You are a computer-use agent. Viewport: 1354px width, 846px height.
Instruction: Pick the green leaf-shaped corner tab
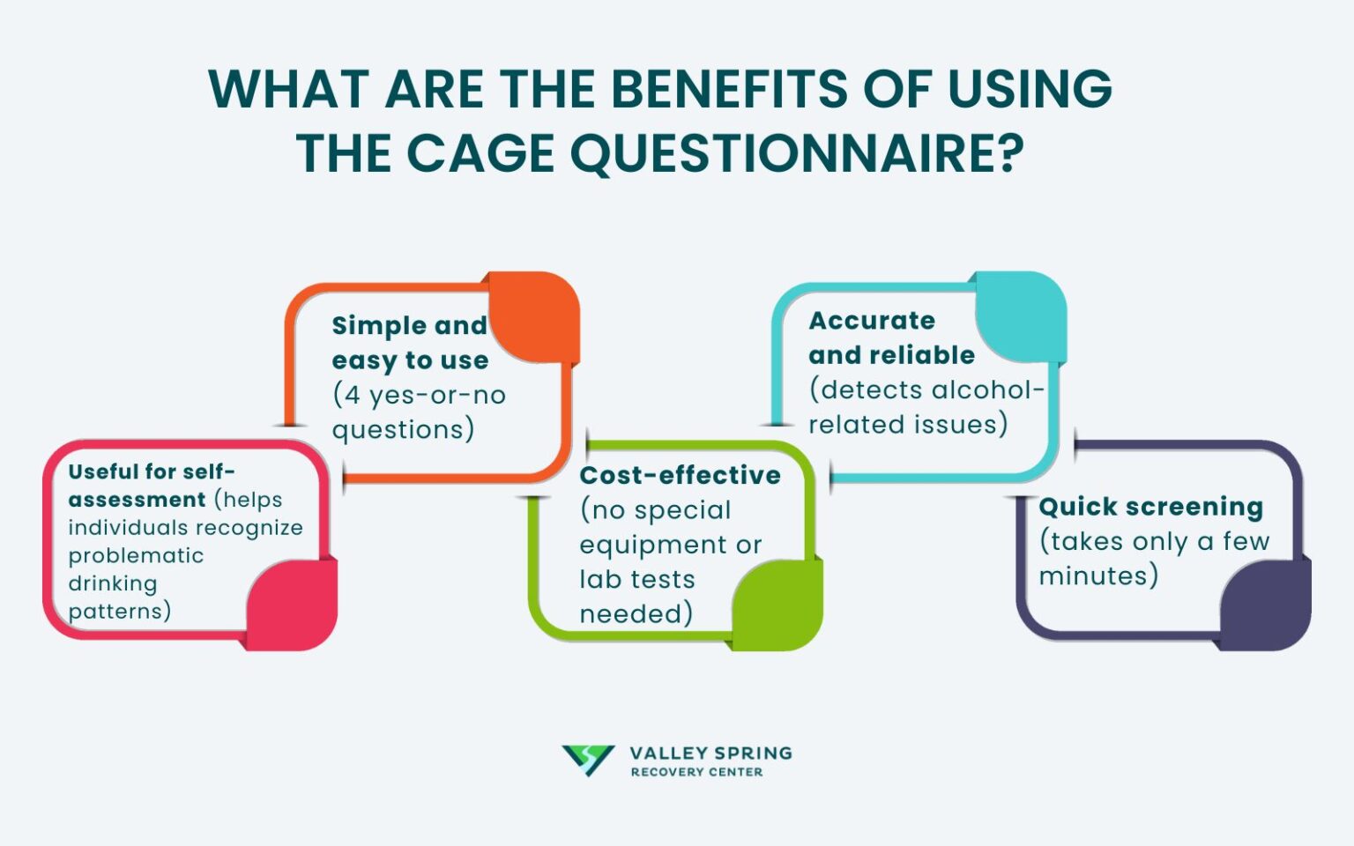[x=777, y=605]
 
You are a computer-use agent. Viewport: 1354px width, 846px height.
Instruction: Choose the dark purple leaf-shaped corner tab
[x=1265, y=605]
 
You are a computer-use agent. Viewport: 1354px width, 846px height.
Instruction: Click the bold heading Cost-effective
[x=680, y=475]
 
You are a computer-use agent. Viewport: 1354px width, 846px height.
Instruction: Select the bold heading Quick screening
[x=1150, y=507]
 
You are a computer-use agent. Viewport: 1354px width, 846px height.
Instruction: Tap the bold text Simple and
[x=409, y=325]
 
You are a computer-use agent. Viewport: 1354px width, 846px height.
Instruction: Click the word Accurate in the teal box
[x=872, y=321]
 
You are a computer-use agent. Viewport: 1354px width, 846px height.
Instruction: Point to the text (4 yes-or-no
[x=419, y=395]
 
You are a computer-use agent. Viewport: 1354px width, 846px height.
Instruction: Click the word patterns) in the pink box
[x=119, y=611]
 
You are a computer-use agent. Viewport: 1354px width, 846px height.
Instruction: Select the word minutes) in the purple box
[x=1098, y=575]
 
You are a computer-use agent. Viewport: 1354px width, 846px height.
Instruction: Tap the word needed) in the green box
[x=636, y=613]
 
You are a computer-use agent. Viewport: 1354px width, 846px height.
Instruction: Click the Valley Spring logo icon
[x=588, y=760]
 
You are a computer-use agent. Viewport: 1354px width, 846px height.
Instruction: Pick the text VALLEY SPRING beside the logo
[x=710, y=753]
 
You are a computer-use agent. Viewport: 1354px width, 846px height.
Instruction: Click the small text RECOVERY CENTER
[x=696, y=772]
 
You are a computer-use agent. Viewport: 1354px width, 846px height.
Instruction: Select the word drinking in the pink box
[x=113, y=583]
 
